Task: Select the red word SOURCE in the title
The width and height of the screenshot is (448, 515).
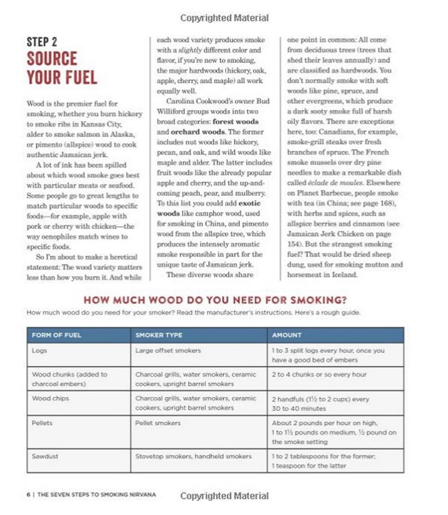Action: point(51,59)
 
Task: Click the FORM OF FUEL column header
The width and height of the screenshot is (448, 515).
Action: point(56,335)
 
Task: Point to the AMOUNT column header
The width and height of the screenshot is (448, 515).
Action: point(286,335)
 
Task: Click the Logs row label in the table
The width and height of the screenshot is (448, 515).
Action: point(39,351)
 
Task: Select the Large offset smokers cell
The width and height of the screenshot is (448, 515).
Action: point(167,351)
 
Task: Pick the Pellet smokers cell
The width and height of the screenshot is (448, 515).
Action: point(158,423)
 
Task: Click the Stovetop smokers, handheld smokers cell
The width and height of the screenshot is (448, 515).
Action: point(193,456)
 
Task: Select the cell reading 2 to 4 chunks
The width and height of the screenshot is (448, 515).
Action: point(319,375)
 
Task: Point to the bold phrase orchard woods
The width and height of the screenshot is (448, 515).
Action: point(193,132)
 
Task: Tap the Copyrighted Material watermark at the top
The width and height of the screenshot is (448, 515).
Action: point(224,18)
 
